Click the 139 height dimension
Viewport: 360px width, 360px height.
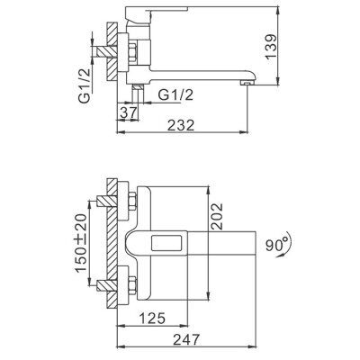point(271,47)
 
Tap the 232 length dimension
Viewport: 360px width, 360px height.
point(181,125)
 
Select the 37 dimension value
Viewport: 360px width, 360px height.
point(129,112)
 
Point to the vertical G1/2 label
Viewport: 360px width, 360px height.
point(85,85)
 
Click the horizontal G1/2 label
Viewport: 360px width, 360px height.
point(175,95)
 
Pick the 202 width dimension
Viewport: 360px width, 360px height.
point(217,216)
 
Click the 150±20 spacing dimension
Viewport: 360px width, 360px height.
point(81,243)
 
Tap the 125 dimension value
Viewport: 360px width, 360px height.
point(152,319)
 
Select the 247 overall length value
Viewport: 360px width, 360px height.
point(186,340)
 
